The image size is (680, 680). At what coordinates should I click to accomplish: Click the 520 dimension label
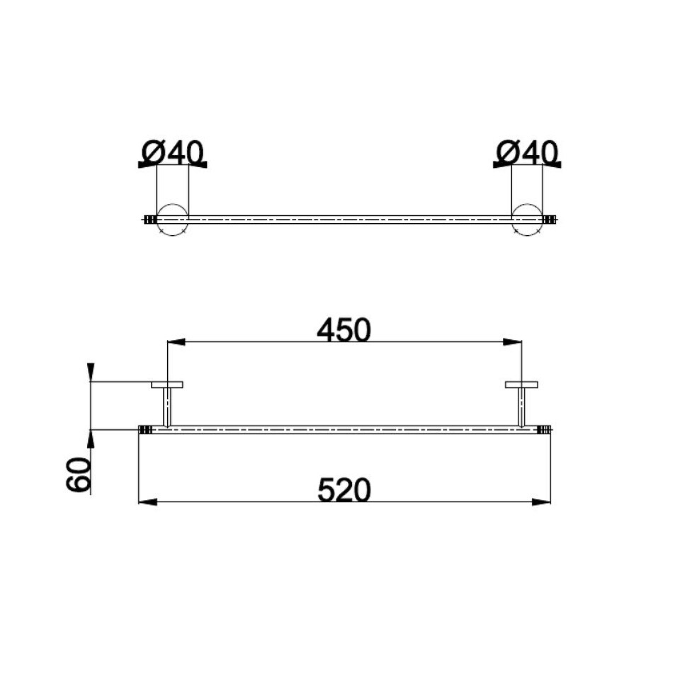pyautogui.click(x=344, y=489)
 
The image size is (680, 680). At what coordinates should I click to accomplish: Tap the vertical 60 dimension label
pyautogui.click(x=79, y=474)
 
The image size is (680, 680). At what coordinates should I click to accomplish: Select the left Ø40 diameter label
pyautogui.click(x=173, y=153)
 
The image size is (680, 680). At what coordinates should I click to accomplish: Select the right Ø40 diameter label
pyautogui.click(x=527, y=153)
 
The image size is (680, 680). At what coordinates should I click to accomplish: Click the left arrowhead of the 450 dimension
pyautogui.click(x=176, y=342)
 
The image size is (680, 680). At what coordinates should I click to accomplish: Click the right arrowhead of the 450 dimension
pyautogui.click(x=513, y=342)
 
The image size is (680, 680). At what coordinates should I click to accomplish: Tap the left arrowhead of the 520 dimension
pyautogui.click(x=147, y=502)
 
